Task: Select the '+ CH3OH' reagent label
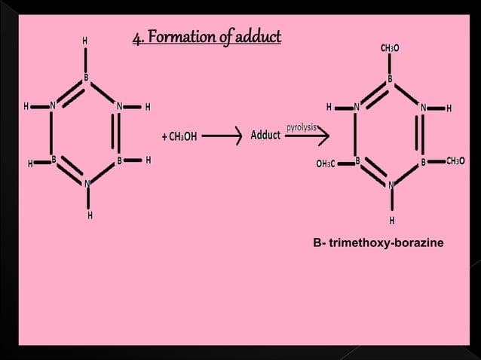[x=179, y=136]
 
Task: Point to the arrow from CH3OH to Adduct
[x=223, y=136]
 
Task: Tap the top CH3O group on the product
[x=390, y=48]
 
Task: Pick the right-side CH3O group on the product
[x=455, y=161]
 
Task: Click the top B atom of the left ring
[x=86, y=77]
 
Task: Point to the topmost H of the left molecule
[x=85, y=41]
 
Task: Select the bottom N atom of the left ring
[x=87, y=183]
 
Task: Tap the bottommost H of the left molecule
[x=89, y=216]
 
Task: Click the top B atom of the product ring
[x=390, y=78]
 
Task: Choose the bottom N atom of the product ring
[x=391, y=185]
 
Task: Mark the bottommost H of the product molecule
[x=392, y=221]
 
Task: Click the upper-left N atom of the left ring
[x=53, y=106]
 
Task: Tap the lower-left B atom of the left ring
[x=54, y=160]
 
